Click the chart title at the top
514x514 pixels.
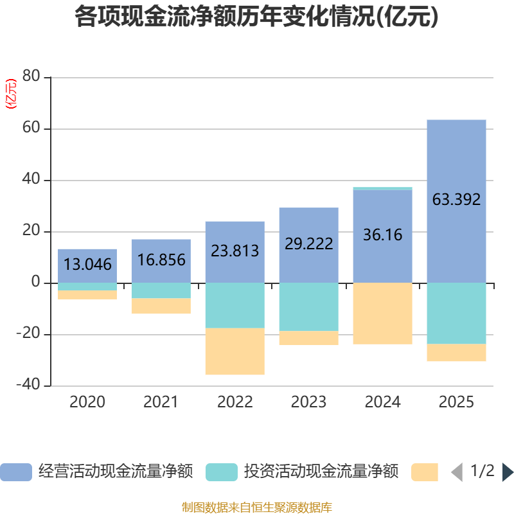(x=256, y=17)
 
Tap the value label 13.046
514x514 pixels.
(x=87, y=264)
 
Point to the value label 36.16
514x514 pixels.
(x=382, y=235)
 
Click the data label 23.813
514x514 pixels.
(x=235, y=250)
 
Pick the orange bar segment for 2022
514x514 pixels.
(x=235, y=351)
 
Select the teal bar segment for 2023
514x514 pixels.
(x=308, y=307)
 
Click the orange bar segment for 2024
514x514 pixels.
(x=382, y=314)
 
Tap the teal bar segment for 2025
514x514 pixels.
(x=456, y=314)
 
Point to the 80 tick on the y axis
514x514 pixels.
(x=31, y=78)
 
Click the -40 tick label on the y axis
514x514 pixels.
(x=28, y=385)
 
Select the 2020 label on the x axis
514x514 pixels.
(x=87, y=402)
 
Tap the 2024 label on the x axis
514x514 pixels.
(x=382, y=402)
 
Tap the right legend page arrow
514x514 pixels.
(x=508, y=472)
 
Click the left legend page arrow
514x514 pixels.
(x=457, y=472)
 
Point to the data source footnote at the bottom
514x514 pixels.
(x=256, y=507)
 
